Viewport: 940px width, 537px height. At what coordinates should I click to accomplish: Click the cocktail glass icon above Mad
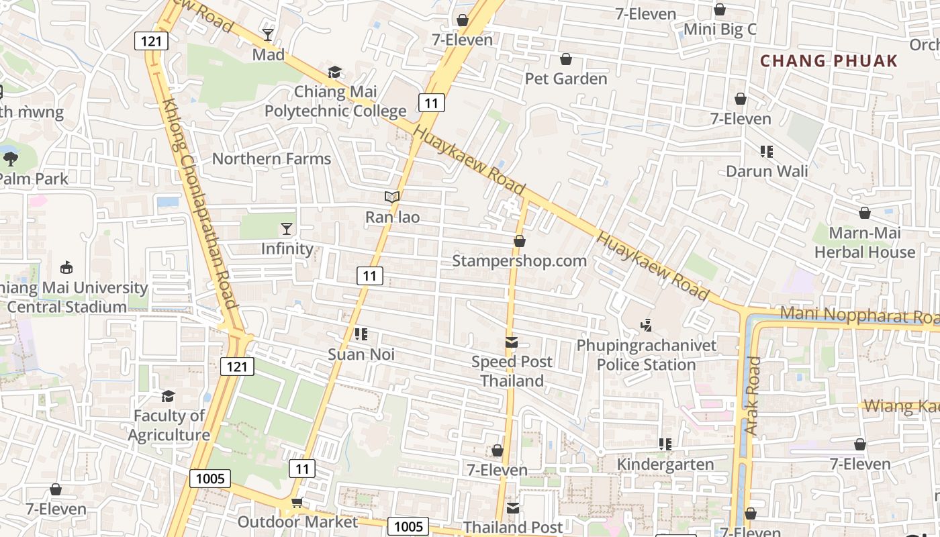coord(268,34)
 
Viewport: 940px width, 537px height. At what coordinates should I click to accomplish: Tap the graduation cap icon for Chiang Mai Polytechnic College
coord(334,72)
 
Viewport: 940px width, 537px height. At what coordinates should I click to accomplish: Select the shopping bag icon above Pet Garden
coord(566,59)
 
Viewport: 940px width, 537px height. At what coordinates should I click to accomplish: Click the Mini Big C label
coord(720,30)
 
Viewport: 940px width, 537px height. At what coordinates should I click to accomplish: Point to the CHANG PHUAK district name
coord(829,61)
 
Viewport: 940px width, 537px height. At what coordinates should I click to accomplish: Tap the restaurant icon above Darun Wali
coord(767,152)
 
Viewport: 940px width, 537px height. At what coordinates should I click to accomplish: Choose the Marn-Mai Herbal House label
coord(865,242)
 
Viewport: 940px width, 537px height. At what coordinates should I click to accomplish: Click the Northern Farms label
coord(272,159)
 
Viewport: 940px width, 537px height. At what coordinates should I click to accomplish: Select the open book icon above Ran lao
coord(392,197)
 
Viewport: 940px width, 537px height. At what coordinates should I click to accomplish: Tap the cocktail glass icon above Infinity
coord(287,229)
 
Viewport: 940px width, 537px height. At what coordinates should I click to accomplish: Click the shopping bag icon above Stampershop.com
coord(519,241)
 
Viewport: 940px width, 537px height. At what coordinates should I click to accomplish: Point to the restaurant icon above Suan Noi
coord(361,334)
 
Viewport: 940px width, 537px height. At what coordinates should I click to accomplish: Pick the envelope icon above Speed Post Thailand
coord(512,342)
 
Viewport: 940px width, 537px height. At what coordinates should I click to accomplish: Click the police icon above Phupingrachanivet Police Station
coord(646,326)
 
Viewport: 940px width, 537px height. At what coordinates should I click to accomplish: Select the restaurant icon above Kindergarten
coord(665,444)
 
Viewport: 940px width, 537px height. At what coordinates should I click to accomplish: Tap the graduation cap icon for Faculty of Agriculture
coord(168,396)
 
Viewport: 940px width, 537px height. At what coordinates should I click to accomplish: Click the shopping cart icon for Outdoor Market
coord(297,502)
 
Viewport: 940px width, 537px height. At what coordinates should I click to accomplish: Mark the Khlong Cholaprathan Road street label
coord(201,205)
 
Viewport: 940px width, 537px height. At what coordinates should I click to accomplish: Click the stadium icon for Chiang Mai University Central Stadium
coord(66,268)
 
